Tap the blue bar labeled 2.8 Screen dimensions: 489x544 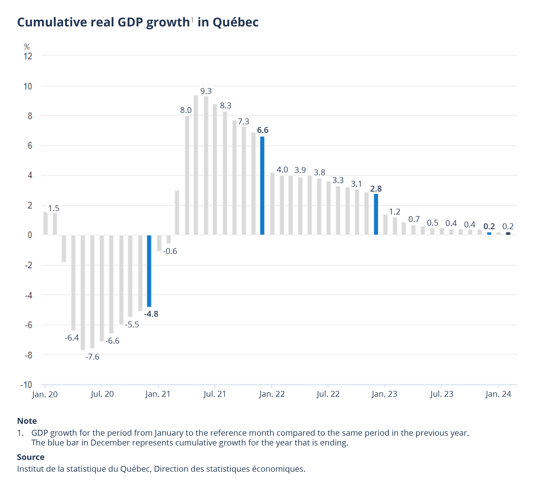pos(376,214)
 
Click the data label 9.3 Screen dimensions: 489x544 pos(206,91)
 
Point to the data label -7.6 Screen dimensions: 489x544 pos(92,357)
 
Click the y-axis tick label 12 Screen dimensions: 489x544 pos(28,56)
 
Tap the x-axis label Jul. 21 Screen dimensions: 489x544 pos(215,394)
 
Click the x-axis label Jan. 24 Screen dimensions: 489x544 pos(498,394)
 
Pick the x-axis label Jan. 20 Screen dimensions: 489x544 pos(45,394)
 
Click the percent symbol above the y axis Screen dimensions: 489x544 pos(27,47)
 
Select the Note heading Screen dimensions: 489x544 pos(27,421)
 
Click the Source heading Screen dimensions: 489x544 pos(31,457)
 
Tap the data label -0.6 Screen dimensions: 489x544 pos(170,251)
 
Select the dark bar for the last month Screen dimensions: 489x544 pos(508,233)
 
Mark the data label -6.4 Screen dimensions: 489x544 pos(72,338)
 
